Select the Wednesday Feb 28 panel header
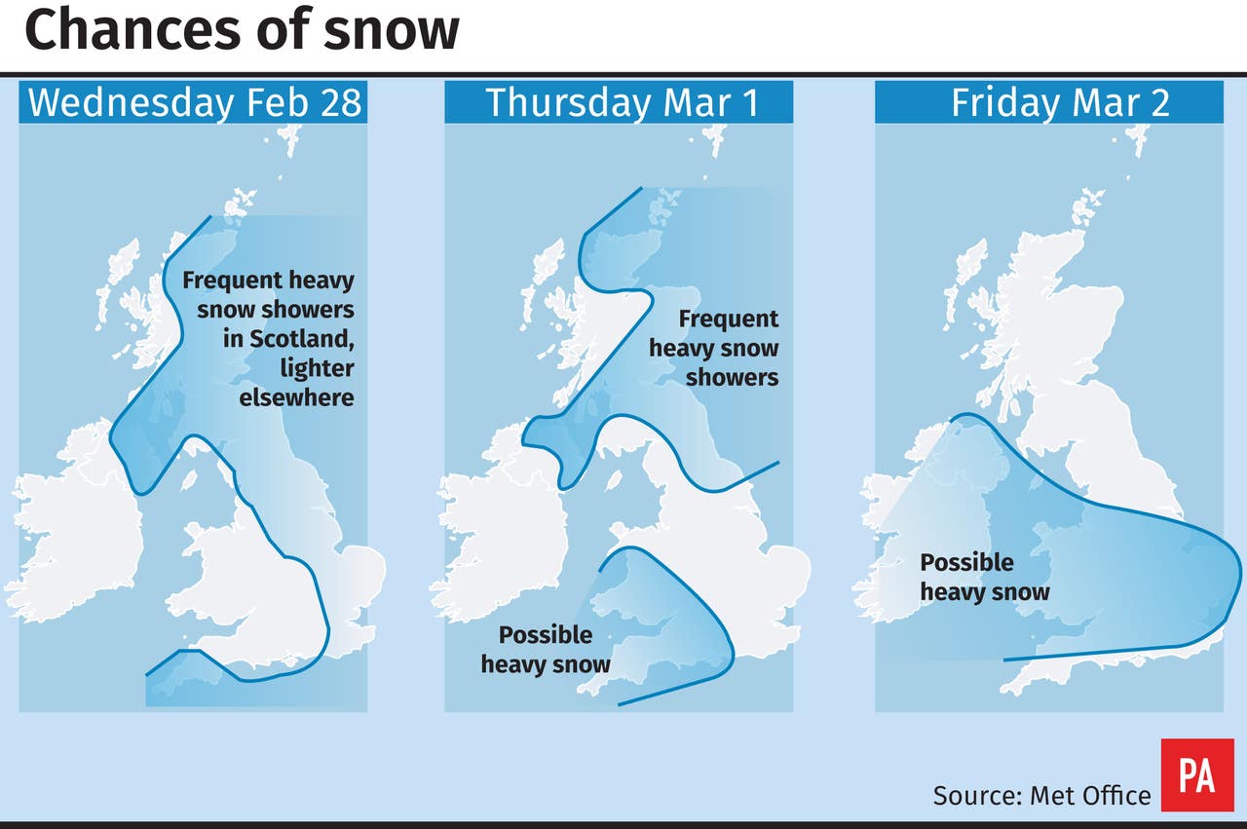point(194,102)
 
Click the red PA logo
point(1196,775)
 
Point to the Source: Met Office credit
point(1041,795)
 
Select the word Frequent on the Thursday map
point(728,319)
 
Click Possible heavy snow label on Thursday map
point(546,650)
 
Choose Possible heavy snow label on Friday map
point(984,577)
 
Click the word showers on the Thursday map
point(732,377)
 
